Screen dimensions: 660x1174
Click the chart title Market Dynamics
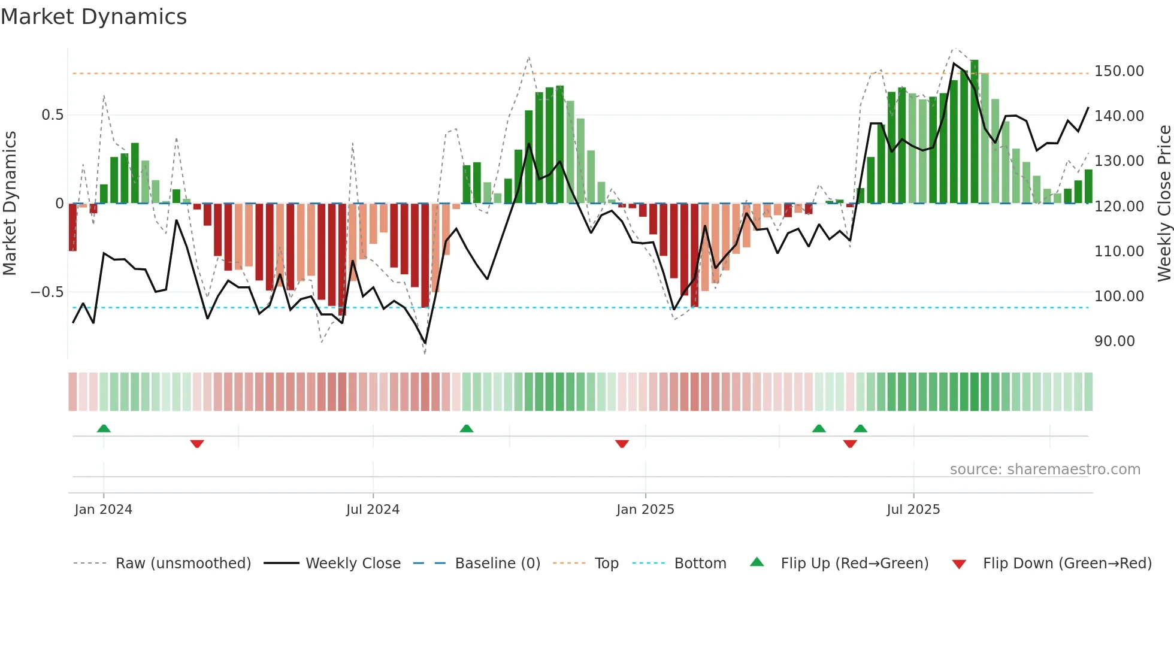point(93,17)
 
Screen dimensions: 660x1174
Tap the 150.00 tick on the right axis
point(1118,71)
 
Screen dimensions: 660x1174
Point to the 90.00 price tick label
point(1114,341)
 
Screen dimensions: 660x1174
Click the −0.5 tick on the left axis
point(47,292)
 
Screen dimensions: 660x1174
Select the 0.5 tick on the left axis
point(52,115)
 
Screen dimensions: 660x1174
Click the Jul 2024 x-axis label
point(373,510)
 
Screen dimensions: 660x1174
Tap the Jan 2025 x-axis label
point(645,510)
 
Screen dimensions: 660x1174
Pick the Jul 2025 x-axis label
point(913,510)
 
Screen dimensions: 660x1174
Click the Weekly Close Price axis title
point(1164,203)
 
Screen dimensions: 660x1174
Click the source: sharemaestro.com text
point(1045,470)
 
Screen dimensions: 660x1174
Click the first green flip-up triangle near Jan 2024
point(104,428)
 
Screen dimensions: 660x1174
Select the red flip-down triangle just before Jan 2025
point(622,444)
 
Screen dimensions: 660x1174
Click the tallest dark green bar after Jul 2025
point(974,132)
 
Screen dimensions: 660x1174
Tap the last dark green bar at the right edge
point(1088,187)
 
